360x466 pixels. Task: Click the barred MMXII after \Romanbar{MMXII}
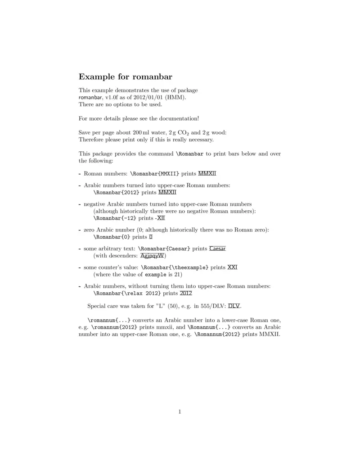pyautogui.click(x=207, y=173)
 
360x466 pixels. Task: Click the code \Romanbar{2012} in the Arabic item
pyautogui.click(x=116, y=193)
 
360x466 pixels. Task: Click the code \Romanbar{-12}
pyautogui.click(x=114, y=218)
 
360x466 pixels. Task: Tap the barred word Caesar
pyautogui.click(x=217, y=249)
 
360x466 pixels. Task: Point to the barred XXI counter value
pyautogui.click(x=232, y=267)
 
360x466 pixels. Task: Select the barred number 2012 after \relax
pyautogui.click(x=186, y=293)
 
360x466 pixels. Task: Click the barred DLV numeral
pyautogui.click(x=234, y=306)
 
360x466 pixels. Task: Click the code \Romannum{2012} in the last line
pyautogui.click(x=217, y=334)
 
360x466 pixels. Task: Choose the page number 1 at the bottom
pyautogui.click(x=180, y=411)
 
